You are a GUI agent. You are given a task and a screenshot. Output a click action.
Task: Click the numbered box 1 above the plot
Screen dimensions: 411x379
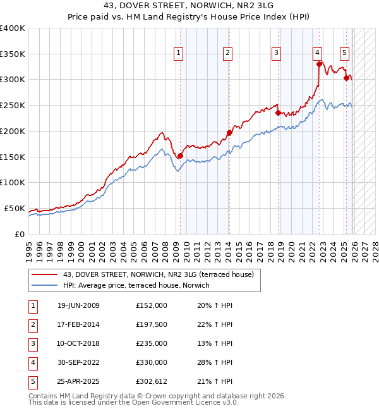pyautogui.click(x=179, y=54)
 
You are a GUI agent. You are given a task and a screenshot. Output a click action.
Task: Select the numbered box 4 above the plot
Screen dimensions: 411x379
pyautogui.click(x=317, y=54)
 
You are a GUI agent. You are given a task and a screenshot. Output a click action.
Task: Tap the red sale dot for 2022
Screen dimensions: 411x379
pyautogui.click(x=320, y=64)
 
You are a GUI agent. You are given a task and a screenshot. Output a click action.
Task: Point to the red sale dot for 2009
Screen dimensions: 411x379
pyautogui.click(x=181, y=156)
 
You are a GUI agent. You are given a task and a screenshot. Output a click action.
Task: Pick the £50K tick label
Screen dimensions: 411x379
pyautogui.click(x=15, y=208)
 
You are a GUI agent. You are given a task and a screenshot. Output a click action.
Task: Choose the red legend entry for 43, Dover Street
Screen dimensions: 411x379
pyautogui.click(x=158, y=274)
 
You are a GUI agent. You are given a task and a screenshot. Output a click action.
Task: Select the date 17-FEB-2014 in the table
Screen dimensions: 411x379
pyautogui.click(x=78, y=324)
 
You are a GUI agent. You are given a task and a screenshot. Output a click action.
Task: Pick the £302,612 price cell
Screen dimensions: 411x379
pyautogui.click(x=152, y=381)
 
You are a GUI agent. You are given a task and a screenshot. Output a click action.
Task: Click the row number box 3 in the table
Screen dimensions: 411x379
pyautogui.click(x=32, y=343)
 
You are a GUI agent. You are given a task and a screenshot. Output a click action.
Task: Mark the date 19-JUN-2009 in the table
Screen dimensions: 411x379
pyautogui.click(x=78, y=305)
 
